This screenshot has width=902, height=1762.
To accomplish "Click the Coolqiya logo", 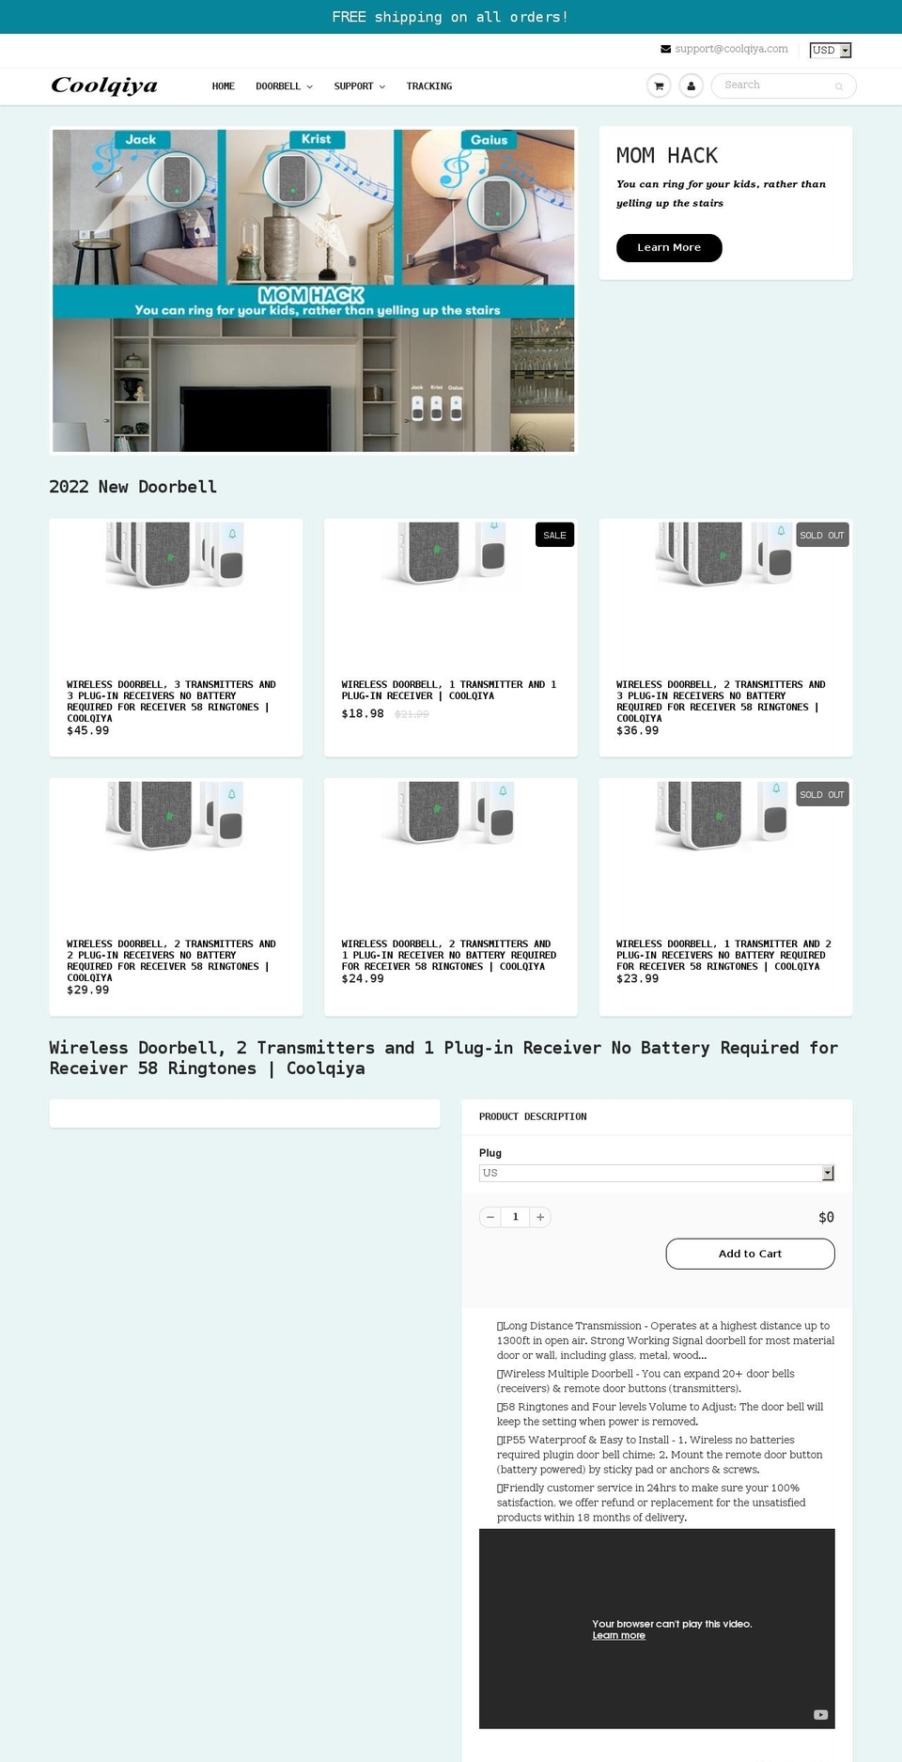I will click(x=104, y=86).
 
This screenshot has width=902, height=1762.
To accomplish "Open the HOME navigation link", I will click(x=224, y=86).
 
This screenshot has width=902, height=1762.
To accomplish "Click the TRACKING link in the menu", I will click(x=429, y=86).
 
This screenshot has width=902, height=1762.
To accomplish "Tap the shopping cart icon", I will click(x=659, y=86).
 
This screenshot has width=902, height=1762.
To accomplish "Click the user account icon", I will click(x=691, y=86).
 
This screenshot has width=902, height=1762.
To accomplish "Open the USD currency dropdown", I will click(x=830, y=50).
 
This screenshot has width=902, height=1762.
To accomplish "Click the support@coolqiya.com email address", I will click(x=731, y=49).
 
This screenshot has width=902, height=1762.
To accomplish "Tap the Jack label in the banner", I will click(x=141, y=140).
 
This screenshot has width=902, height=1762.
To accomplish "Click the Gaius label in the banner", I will click(x=489, y=140).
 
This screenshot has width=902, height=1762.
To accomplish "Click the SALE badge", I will click(x=554, y=535).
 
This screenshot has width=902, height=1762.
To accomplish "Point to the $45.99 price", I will click(x=88, y=730).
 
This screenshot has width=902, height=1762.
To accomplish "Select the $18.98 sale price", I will click(x=363, y=713).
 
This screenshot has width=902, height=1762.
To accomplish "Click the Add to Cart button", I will click(x=750, y=1254).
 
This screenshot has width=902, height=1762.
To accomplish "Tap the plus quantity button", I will click(x=540, y=1217).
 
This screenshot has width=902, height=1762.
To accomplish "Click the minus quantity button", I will click(x=490, y=1217).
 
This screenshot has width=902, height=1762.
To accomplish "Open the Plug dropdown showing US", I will click(x=656, y=1173).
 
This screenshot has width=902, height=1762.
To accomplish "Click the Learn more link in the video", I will click(x=618, y=1635).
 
